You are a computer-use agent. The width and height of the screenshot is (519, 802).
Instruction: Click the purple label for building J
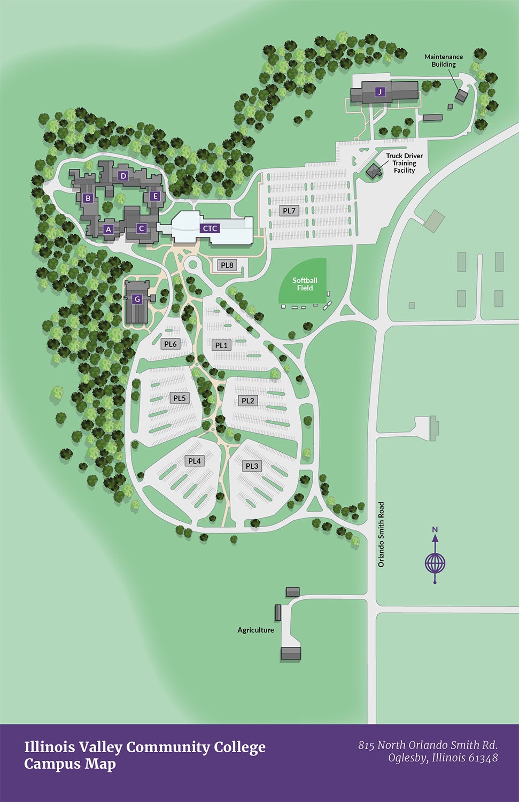pyautogui.click(x=379, y=91)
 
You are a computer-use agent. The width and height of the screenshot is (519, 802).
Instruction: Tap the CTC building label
pyautogui.click(x=210, y=228)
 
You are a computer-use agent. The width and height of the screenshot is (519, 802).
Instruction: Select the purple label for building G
pyautogui.click(x=137, y=299)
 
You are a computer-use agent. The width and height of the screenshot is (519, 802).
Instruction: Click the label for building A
pyautogui.click(x=109, y=229)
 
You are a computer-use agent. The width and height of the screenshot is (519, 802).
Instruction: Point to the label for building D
pyautogui.click(x=123, y=176)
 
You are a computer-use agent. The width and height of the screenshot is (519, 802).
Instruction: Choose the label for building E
pyautogui.click(x=155, y=196)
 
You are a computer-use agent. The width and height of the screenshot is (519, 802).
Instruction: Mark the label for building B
pyautogui.click(x=88, y=198)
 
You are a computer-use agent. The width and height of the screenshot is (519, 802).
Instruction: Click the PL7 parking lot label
pyautogui.click(x=289, y=211)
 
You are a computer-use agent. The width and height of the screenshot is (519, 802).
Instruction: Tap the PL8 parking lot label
pyautogui.click(x=227, y=265)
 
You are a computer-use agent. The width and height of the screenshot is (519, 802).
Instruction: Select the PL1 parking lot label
pyautogui.click(x=221, y=345)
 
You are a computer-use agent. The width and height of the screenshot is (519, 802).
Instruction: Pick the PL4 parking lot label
pyautogui.click(x=195, y=461)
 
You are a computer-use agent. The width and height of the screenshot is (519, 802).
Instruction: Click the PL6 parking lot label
pyautogui.click(x=171, y=344)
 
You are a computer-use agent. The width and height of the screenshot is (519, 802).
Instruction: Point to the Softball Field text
pyautogui.click(x=305, y=284)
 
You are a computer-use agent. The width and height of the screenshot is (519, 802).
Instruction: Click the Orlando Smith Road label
pyautogui.click(x=381, y=534)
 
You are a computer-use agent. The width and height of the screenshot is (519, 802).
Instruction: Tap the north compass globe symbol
pyautogui.click(x=435, y=562)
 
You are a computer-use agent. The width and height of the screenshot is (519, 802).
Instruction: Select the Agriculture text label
pyautogui.click(x=255, y=630)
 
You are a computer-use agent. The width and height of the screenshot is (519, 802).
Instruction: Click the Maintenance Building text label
pyautogui.click(x=444, y=60)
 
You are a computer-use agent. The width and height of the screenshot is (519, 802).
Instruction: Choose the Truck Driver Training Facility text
pyautogui.click(x=404, y=163)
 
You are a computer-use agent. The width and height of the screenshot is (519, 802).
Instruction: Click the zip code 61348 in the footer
pyautogui.click(x=483, y=758)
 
